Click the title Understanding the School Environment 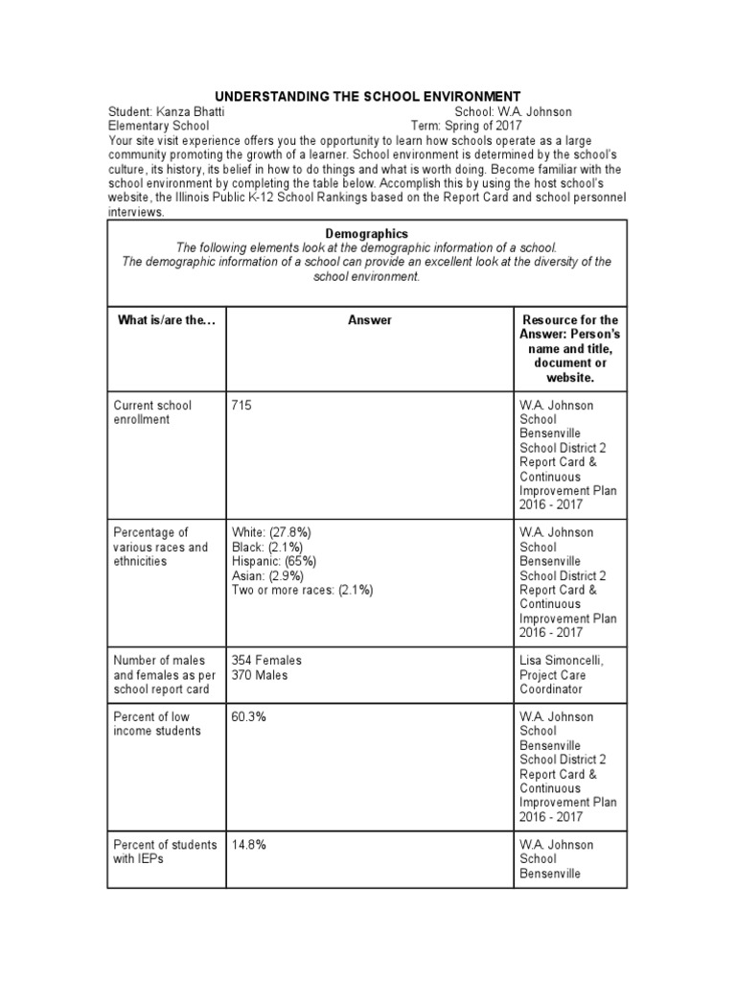367,96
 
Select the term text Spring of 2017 487,125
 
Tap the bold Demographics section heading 367,233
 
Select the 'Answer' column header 369,320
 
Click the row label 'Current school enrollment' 152,411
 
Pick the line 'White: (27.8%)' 270,532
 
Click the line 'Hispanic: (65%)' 274,561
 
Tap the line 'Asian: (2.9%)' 267,575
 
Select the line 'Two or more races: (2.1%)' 302,590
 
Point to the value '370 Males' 259,674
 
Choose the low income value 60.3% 248,716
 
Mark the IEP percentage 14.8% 248,844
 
